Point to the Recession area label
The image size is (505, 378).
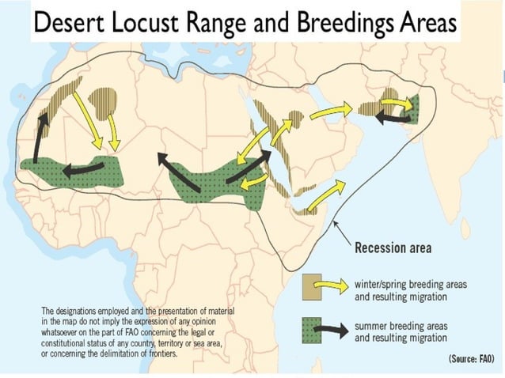point(393,248)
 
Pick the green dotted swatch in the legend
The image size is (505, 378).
point(313,330)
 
